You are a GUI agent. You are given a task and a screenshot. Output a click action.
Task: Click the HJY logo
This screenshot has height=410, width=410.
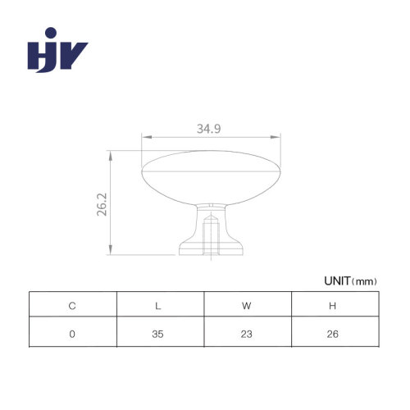click(57, 50)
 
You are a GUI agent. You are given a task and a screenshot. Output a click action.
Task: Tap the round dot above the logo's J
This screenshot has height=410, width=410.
click(51, 33)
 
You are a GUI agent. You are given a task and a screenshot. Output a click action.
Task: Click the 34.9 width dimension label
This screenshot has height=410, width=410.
click(209, 129)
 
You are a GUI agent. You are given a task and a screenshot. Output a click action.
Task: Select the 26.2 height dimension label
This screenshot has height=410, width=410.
click(102, 204)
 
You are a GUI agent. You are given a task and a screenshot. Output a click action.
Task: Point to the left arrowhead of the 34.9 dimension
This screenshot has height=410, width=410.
click(147, 137)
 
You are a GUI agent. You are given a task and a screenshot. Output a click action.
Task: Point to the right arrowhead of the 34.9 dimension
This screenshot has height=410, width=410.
click(276, 137)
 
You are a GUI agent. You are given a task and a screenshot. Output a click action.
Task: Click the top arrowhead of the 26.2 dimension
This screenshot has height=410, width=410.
click(111, 156)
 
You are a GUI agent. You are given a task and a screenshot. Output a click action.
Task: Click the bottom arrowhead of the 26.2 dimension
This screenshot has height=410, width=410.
click(111, 249)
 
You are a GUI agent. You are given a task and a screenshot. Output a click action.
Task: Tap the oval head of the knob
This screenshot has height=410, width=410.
click(211, 178)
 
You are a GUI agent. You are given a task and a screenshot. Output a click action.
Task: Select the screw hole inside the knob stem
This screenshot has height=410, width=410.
click(211, 235)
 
